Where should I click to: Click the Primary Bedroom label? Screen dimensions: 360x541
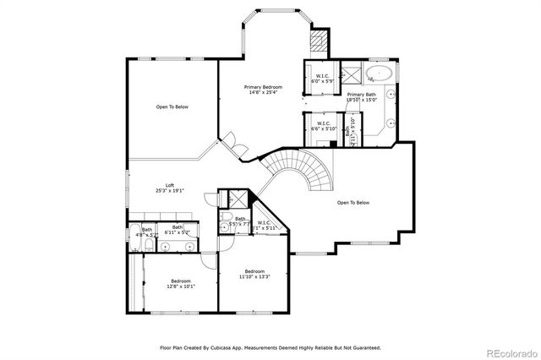(x=263, y=89)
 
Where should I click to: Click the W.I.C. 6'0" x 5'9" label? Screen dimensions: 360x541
(x=322, y=78)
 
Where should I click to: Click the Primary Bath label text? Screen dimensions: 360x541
(x=360, y=96)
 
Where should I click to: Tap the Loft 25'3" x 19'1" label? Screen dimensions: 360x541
(x=169, y=188)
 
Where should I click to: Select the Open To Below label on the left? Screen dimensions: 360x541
(x=172, y=106)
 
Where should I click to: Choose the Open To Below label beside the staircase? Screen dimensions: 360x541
(x=353, y=203)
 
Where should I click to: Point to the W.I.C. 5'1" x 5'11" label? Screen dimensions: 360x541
(x=267, y=225)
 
